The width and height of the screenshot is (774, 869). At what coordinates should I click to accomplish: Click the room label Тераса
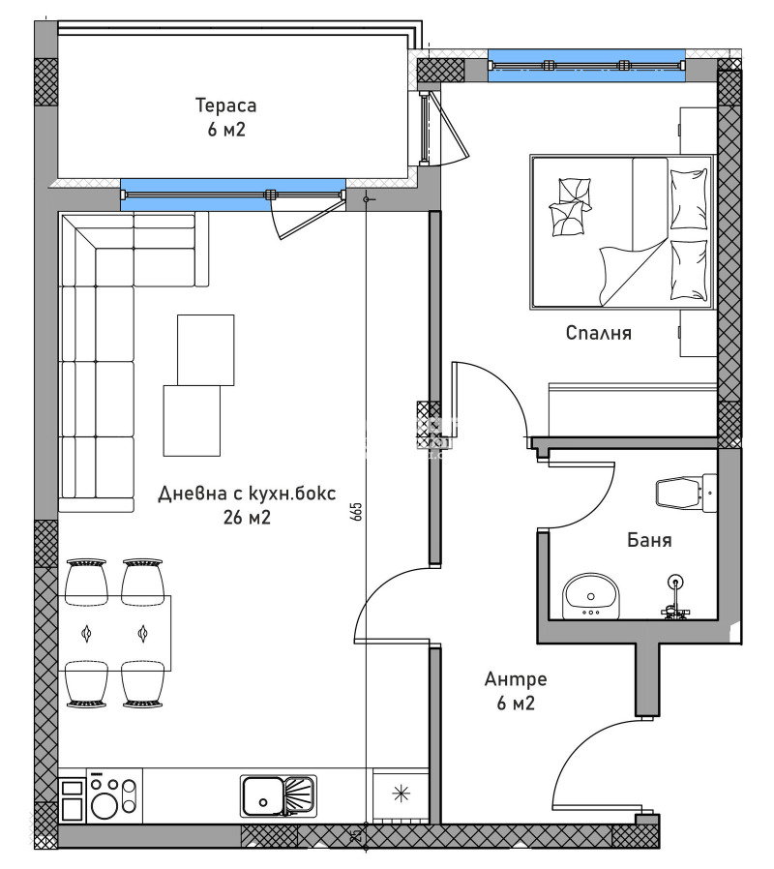pos(225,105)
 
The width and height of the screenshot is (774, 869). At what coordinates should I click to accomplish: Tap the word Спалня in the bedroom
pos(599,333)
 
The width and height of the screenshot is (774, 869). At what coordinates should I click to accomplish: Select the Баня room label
pos(647,541)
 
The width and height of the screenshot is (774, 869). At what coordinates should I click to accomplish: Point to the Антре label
pos(516,679)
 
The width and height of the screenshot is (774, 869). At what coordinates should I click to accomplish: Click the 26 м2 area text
pos(246,518)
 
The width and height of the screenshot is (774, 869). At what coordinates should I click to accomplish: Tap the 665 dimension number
pos(357,512)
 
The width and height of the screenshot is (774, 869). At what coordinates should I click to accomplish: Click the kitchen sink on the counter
pos(278,795)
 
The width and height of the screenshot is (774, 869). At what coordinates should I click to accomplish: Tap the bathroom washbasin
pos(590,592)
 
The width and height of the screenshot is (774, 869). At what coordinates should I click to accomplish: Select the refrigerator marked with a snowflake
pos(400,794)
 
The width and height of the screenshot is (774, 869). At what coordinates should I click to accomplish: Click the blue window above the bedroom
pos(586,66)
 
